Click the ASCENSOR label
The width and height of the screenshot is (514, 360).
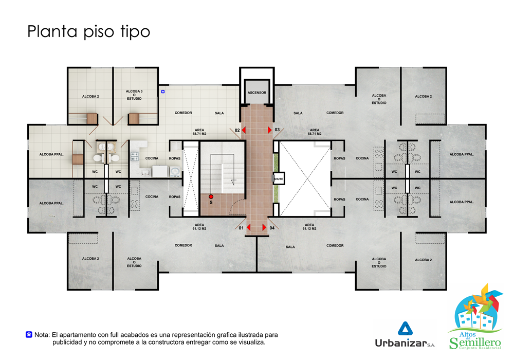coord(256,93)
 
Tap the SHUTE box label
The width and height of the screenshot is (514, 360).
coord(278,179)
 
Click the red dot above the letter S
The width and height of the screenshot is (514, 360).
coord(211,197)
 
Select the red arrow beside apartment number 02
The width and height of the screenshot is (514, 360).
coord(244,130)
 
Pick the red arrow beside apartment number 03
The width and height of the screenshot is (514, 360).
coord(270,130)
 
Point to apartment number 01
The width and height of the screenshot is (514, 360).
coord(241,228)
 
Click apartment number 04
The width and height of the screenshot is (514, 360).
coord(272,228)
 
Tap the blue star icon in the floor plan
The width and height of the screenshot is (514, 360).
coord(163,92)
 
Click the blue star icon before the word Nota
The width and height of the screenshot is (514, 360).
coord(29,335)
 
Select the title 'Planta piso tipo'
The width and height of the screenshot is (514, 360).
coord(88,32)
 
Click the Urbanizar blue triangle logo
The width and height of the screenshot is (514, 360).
coord(405,329)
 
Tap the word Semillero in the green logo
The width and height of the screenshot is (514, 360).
coord(475,343)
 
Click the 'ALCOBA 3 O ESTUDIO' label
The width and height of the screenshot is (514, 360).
coord(134,95)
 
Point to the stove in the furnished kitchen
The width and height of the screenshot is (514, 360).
coord(135,156)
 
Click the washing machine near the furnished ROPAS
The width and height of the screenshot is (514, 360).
coord(175,171)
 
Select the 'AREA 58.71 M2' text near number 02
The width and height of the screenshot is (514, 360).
coord(199,132)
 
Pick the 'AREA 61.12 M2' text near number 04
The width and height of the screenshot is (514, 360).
coord(309,227)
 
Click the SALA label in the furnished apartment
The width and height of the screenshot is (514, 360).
coord(219,113)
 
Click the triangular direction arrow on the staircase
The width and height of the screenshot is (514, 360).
coord(233,182)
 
